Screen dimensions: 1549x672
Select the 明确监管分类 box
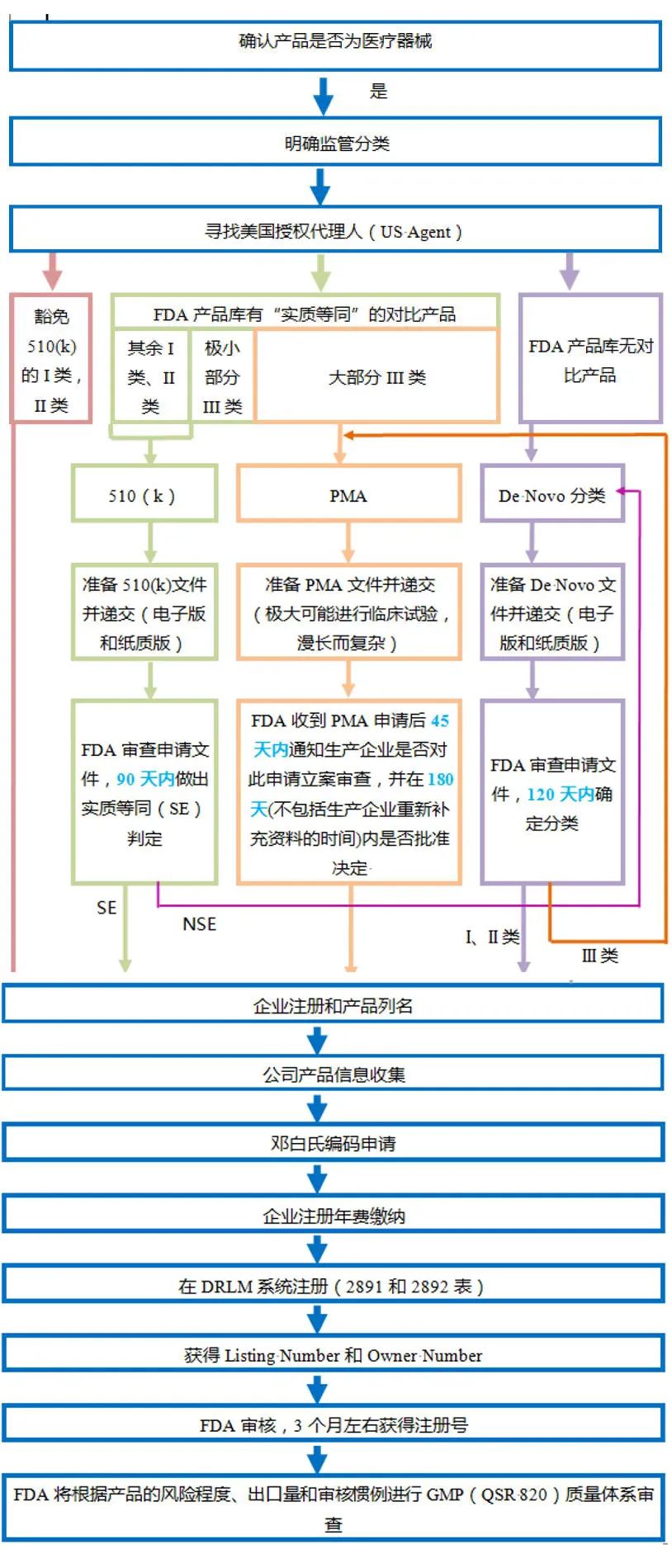[x=335, y=143]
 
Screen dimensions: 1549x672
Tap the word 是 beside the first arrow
[x=378, y=92]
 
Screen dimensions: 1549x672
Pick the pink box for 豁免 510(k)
[x=51, y=360]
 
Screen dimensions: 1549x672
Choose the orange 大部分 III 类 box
[x=376, y=377]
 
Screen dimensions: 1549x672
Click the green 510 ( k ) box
[x=144, y=495]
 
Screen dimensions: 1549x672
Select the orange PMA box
[x=348, y=495]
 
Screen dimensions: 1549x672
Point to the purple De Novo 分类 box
[x=551, y=495]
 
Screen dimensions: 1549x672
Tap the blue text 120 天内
[x=560, y=794]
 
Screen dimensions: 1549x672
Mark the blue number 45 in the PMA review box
[x=440, y=720]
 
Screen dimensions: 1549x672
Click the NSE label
[x=199, y=924]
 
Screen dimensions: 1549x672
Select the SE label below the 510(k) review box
[x=106, y=908]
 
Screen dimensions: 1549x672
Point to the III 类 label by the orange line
[x=599, y=956]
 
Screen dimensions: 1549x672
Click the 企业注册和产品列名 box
[x=333, y=1005]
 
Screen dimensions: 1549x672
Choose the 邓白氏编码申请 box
[x=333, y=1143]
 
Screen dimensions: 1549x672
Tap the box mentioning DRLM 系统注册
[x=333, y=1286]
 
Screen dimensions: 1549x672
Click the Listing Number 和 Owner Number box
[x=333, y=1355]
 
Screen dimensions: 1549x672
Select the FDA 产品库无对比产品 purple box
[x=589, y=360]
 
